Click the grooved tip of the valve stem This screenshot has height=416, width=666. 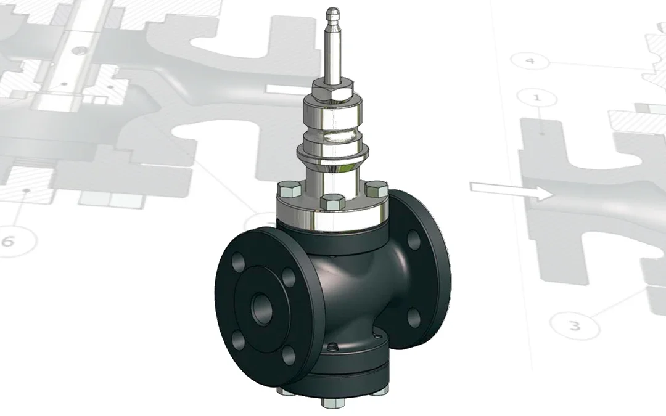332,17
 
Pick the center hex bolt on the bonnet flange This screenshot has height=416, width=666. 332,201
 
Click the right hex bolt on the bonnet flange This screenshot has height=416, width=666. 376,188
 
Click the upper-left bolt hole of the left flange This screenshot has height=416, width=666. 239,262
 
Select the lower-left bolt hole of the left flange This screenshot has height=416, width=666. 239,340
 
